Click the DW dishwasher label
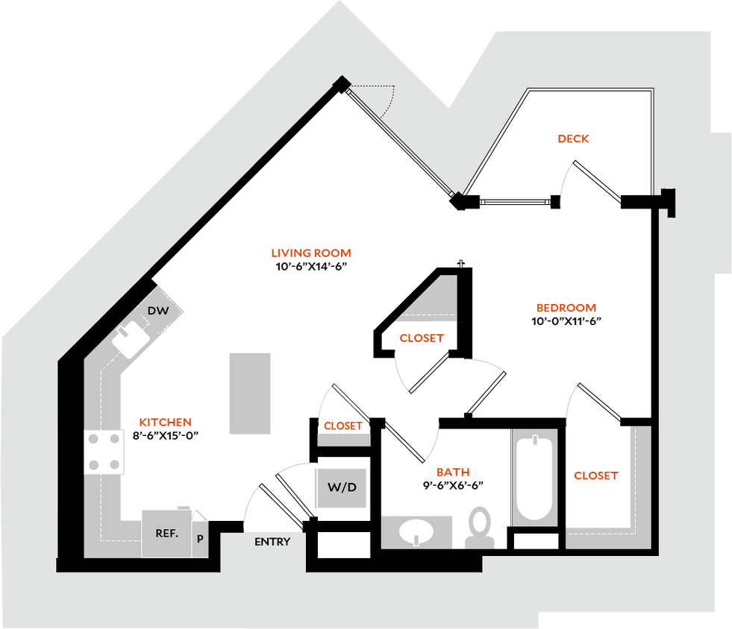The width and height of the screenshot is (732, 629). (x=158, y=311)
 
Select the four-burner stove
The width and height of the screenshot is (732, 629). (x=104, y=452)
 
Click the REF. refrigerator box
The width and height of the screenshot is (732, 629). (x=166, y=533)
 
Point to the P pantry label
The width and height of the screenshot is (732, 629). (x=200, y=538)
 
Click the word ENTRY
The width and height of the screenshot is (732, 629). (x=272, y=542)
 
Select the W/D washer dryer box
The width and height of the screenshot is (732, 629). (x=342, y=488)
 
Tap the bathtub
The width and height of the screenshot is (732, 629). (x=535, y=478)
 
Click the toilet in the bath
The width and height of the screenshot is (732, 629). (x=480, y=527)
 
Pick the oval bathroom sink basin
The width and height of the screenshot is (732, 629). (x=416, y=532)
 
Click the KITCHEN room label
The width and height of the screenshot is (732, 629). (x=166, y=423)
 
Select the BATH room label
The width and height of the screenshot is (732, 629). (x=453, y=472)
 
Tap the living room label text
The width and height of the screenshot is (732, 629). (x=310, y=253)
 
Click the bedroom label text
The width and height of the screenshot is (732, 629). (x=567, y=308)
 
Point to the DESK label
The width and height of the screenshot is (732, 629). (x=574, y=139)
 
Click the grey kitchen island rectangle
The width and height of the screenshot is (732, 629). (x=250, y=393)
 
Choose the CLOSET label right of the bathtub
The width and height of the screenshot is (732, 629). (x=595, y=475)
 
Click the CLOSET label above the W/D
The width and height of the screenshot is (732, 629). (x=343, y=427)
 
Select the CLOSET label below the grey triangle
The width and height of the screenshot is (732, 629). (x=422, y=338)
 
